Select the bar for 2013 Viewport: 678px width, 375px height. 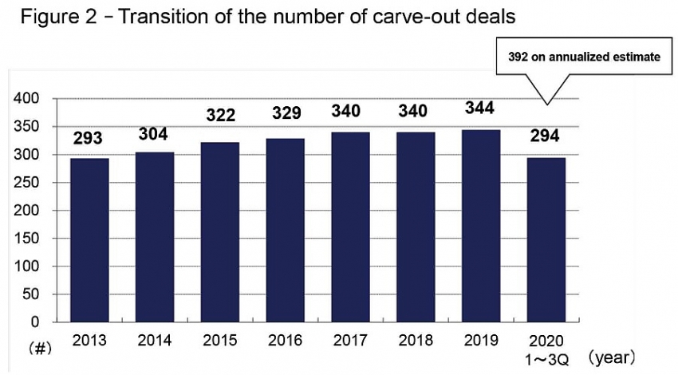tap(89, 240)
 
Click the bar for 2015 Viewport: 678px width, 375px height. tap(220, 232)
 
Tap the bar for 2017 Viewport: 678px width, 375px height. tap(351, 227)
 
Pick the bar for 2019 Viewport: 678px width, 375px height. tap(481, 226)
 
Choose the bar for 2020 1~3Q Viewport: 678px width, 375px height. tap(546, 240)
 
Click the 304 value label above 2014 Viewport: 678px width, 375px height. tap(154, 134)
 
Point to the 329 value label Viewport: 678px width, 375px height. tap(285, 112)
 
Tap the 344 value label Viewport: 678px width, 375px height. tap(481, 108)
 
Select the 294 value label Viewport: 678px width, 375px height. tap(546, 136)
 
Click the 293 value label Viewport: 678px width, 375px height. tap(89, 138)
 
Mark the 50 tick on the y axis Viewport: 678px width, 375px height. tap(33, 294)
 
